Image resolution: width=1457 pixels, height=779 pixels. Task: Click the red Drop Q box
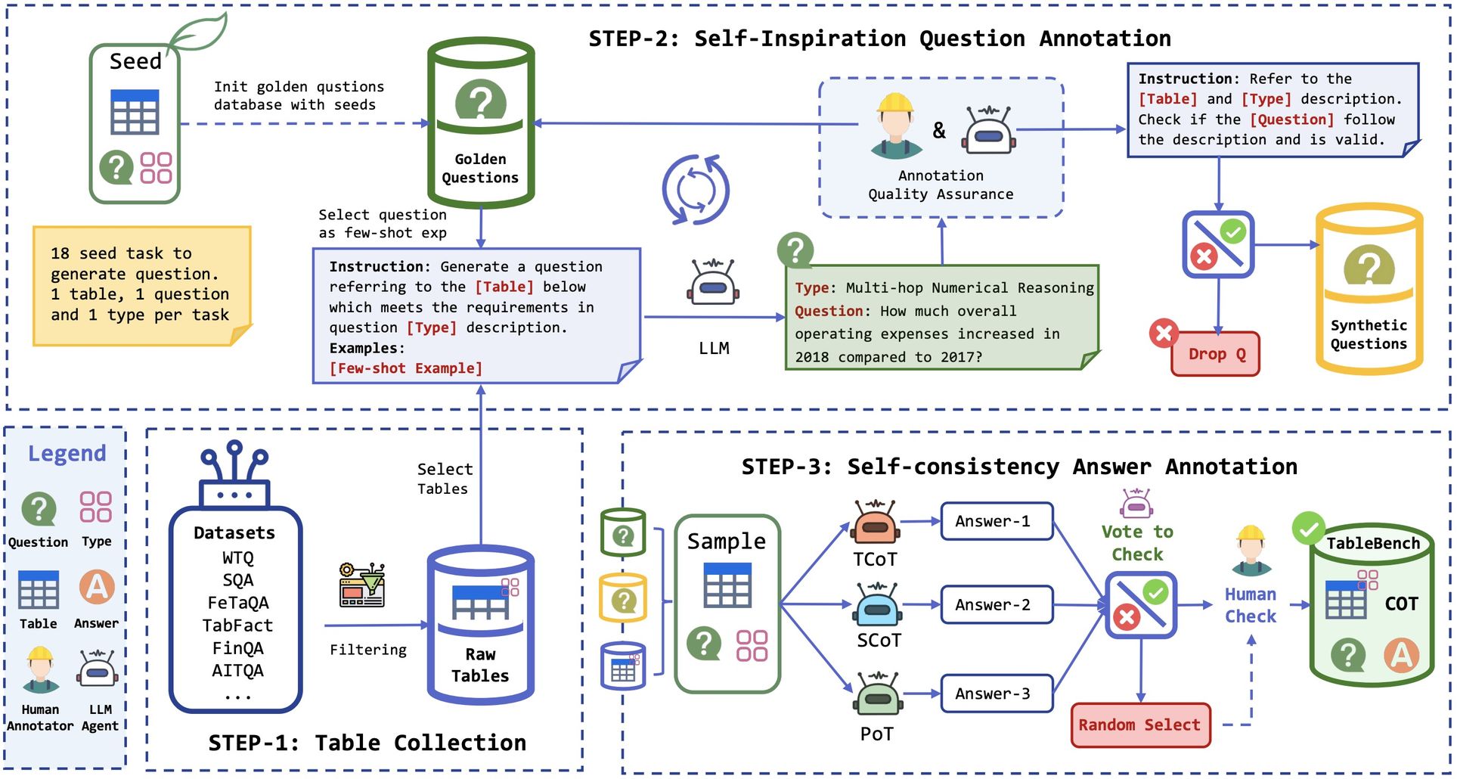[x=1215, y=354]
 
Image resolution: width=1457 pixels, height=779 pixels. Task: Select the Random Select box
[x=1139, y=725]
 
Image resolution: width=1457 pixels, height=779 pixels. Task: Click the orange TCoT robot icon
[x=876, y=522]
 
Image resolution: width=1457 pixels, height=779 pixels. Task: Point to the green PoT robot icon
[x=878, y=694]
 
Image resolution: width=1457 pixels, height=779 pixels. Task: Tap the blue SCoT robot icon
[x=877, y=604]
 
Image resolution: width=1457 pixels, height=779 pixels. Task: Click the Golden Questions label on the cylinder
[x=480, y=169]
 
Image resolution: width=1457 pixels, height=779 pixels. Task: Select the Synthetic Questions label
[x=1369, y=334]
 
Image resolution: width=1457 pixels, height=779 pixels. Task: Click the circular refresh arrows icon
[x=696, y=189]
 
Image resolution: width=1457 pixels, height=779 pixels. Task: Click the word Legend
[x=67, y=453]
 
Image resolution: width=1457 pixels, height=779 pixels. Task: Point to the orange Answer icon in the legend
[x=97, y=587]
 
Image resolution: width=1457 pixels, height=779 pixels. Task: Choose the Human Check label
[x=1251, y=605]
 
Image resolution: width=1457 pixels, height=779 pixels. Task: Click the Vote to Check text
[x=1137, y=543]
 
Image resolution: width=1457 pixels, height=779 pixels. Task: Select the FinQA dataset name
[x=237, y=648]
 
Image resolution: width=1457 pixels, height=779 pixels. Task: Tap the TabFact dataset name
[x=237, y=625]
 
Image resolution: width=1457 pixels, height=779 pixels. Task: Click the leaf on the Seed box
[x=198, y=33]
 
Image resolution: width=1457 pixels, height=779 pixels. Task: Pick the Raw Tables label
[x=480, y=665]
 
